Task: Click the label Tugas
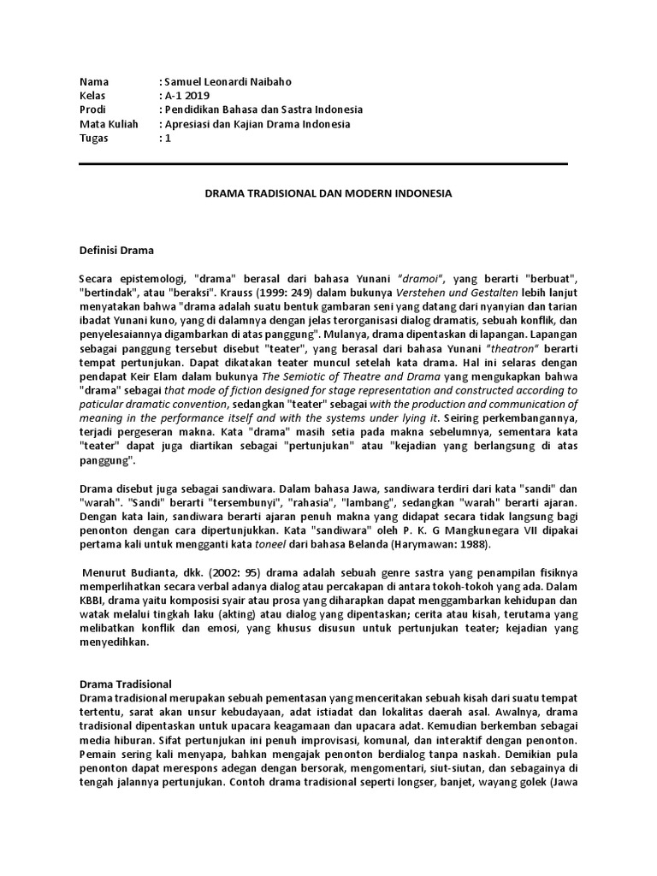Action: click(x=93, y=138)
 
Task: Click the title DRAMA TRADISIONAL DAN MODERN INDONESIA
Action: click(x=328, y=194)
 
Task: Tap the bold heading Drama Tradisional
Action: click(x=125, y=684)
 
